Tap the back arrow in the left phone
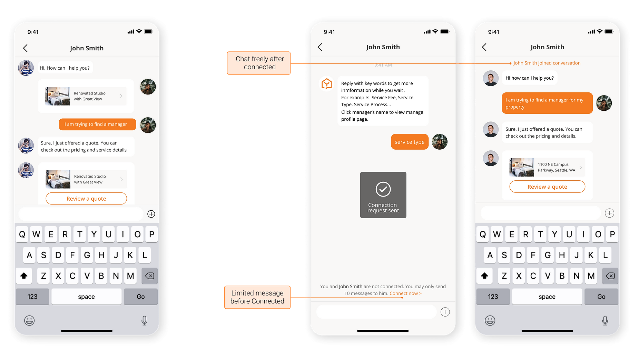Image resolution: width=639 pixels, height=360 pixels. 25,48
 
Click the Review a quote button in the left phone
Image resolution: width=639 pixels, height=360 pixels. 86,199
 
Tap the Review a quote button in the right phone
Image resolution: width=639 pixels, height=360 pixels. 547,187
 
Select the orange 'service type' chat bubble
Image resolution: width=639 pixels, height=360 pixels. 410,142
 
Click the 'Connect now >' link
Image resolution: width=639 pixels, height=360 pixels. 405,293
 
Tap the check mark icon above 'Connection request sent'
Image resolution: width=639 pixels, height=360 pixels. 383,189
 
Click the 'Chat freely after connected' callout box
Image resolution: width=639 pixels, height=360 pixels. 259,63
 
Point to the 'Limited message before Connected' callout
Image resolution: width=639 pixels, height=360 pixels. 257,297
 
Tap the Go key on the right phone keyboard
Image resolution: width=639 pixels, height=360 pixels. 601,297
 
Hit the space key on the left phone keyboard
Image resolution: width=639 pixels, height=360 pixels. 86,297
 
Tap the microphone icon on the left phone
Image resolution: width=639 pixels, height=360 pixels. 145,321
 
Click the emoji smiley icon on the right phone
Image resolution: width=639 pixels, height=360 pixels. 490,321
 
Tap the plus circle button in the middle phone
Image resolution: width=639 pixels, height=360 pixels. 445,312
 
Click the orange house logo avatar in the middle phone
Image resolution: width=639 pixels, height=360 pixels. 326,84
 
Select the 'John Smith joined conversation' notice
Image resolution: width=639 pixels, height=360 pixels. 547,63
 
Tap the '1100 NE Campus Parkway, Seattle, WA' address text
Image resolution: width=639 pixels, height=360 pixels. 557,167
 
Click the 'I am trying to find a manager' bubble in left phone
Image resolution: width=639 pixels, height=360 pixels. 97,124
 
